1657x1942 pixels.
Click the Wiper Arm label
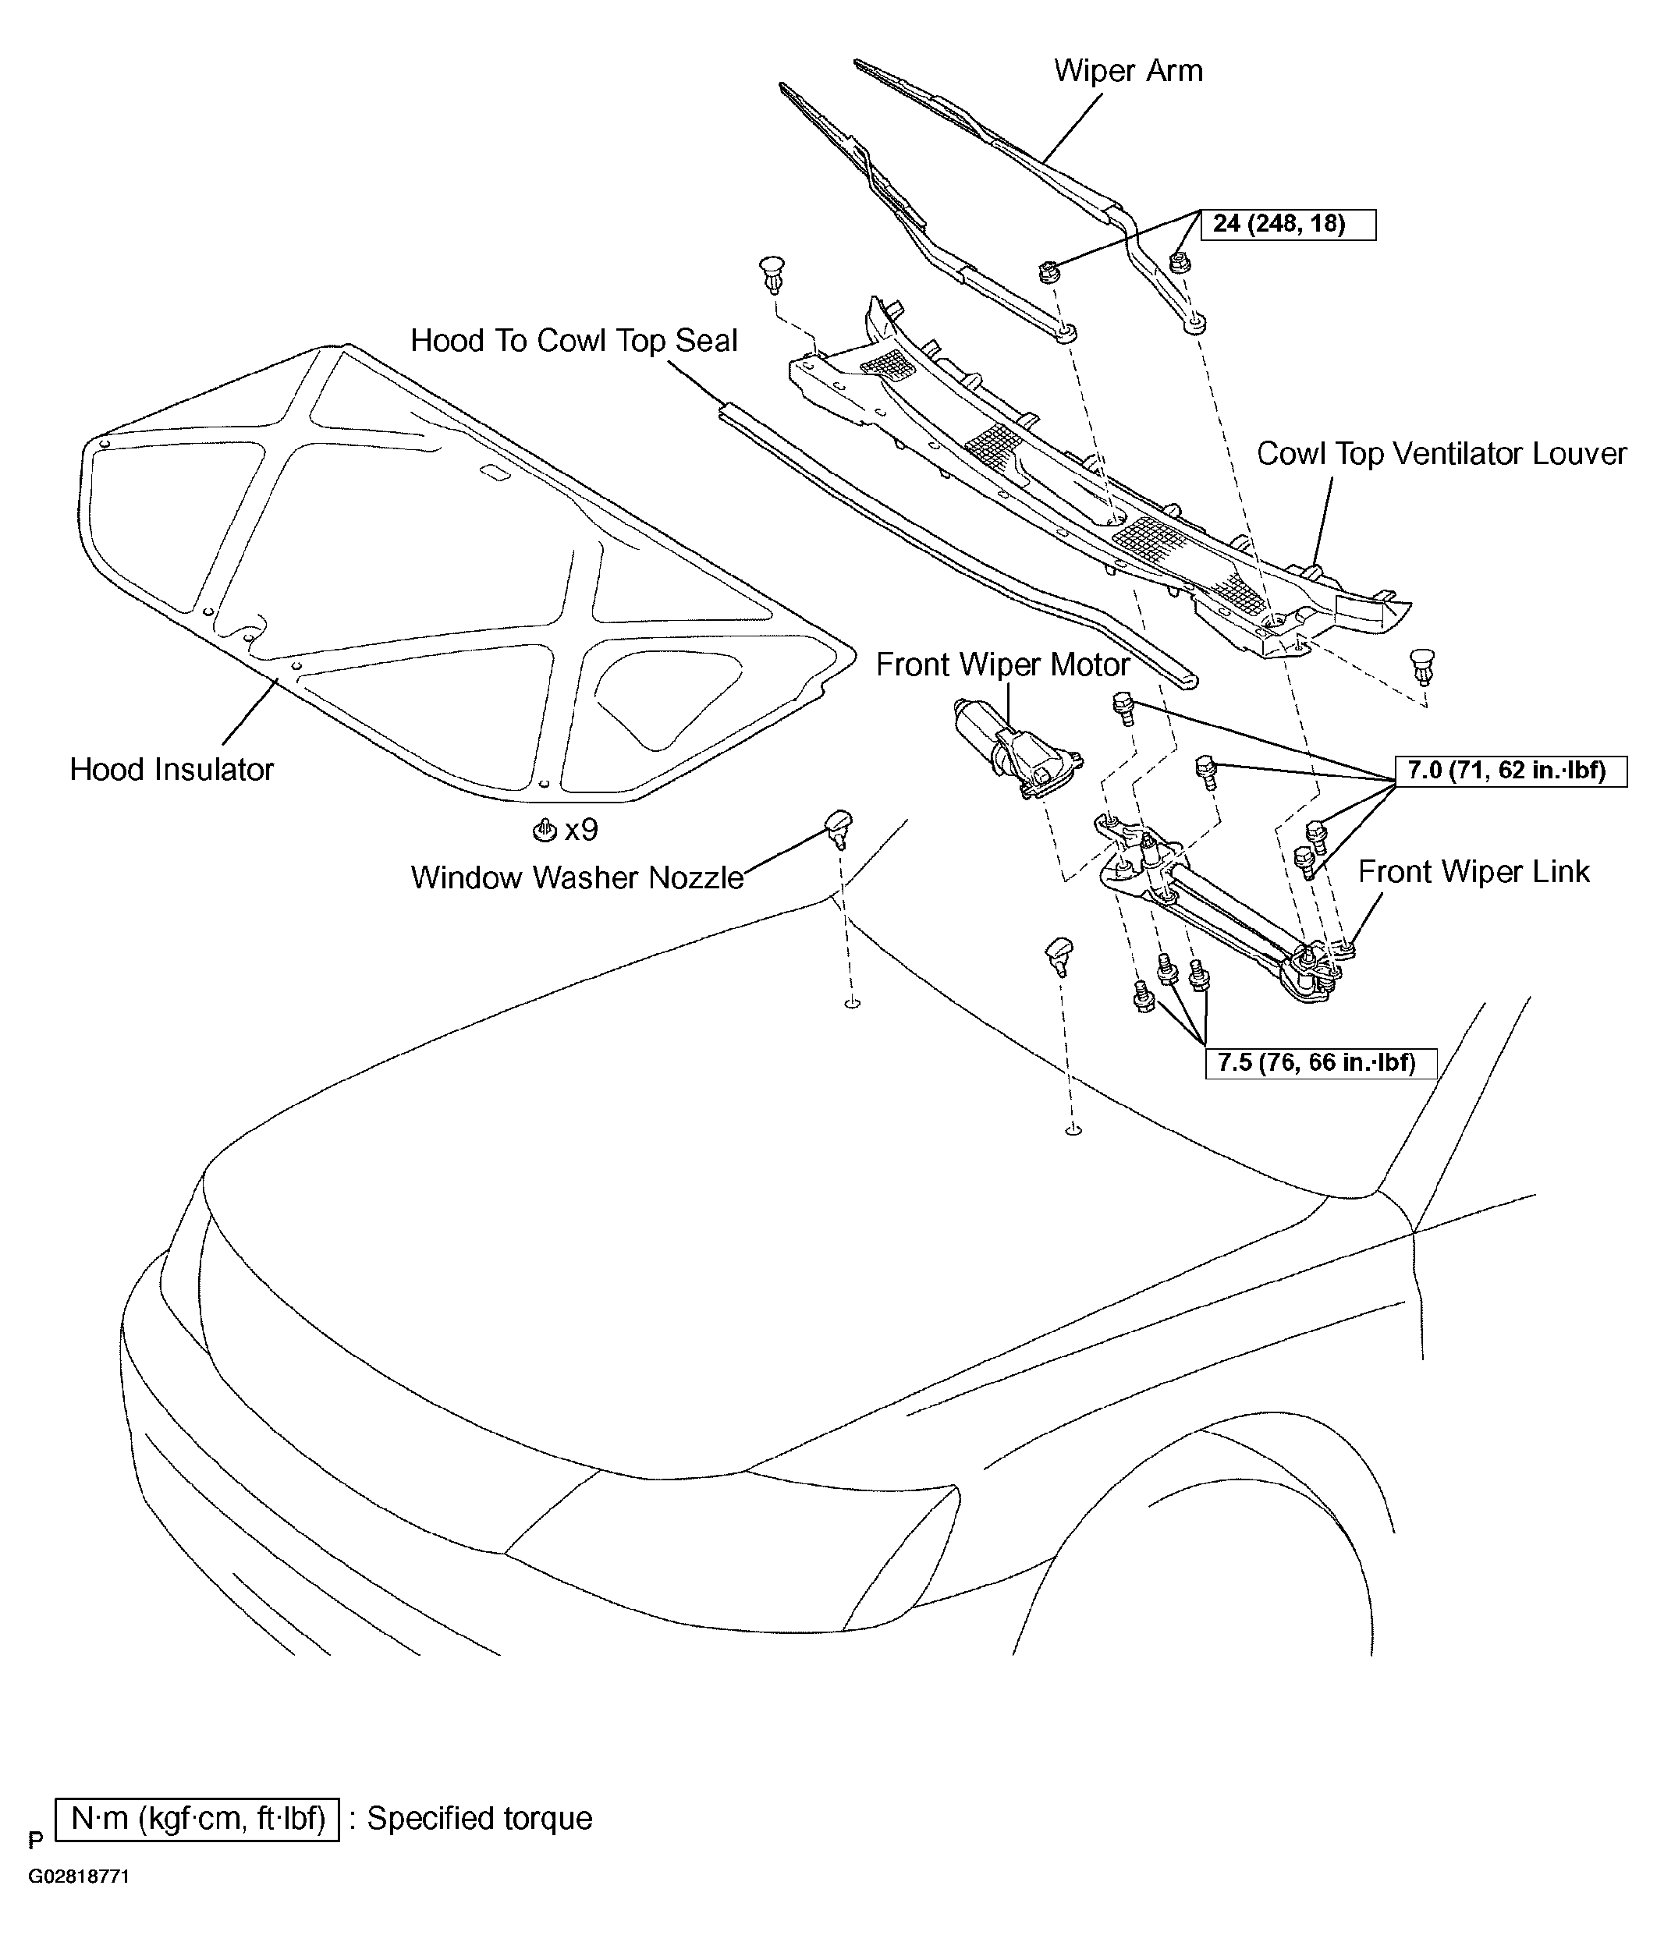[1128, 71]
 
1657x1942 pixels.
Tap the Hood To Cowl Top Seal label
[574, 341]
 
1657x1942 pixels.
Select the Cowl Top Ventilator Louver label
[1442, 454]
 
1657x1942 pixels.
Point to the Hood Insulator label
[172, 770]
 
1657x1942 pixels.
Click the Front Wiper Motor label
[1002, 664]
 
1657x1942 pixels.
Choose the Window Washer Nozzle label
[577, 877]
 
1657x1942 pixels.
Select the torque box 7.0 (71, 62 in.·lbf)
[1510, 771]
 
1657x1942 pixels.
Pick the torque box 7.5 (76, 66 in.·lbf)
[1320, 1063]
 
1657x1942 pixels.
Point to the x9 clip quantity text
[580, 830]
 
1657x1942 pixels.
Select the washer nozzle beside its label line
[839, 827]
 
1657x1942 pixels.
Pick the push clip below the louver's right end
[1422, 666]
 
